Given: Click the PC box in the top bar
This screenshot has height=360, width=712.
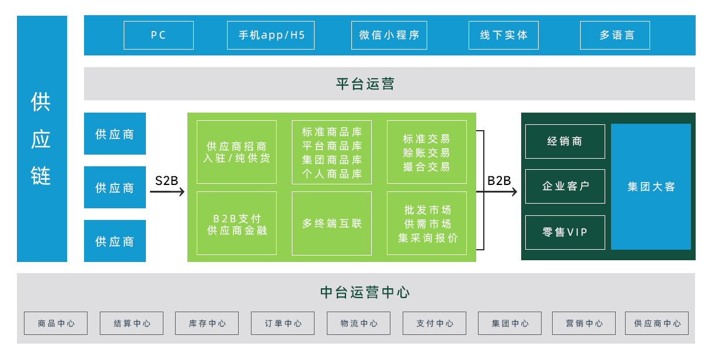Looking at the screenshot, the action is click(159, 35).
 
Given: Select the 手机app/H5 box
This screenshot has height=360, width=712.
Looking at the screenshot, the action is click(271, 35).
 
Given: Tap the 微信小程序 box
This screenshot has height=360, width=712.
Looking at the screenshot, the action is click(389, 35).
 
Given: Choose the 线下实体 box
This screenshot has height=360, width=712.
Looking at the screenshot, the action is click(504, 35).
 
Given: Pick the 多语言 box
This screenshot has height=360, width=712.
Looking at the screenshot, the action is click(615, 35).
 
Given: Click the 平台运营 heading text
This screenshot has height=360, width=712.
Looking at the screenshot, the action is click(365, 84).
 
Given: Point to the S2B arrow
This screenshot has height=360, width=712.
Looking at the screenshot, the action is click(167, 191).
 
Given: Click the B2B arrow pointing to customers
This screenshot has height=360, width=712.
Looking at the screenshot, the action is click(497, 191).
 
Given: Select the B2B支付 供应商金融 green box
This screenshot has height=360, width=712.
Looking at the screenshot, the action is click(236, 223).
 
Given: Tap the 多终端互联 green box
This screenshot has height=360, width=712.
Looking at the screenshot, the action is click(331, 223).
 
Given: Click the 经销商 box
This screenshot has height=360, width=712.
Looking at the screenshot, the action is click(565, 141).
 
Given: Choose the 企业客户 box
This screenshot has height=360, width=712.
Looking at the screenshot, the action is click(565, 186).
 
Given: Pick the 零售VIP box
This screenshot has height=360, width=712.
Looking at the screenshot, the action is click(565, 232).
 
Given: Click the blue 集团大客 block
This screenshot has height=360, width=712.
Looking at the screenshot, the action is click(651, 187).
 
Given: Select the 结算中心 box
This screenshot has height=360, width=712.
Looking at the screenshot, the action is click(131, 323).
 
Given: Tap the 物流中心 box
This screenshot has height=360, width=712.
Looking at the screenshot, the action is click(358, 323).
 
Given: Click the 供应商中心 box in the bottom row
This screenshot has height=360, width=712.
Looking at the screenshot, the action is click(657, 323).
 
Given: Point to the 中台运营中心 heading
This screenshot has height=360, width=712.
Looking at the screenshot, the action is click(365, 292).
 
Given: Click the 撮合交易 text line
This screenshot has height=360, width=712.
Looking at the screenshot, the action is click(427, 167).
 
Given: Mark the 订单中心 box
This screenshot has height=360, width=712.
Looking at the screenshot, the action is click(282, 323).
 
